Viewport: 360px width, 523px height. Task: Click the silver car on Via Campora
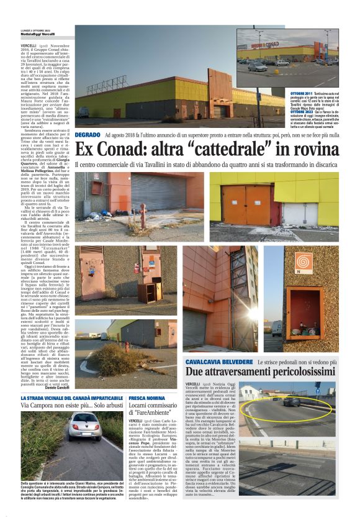click(x=84, y=426)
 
